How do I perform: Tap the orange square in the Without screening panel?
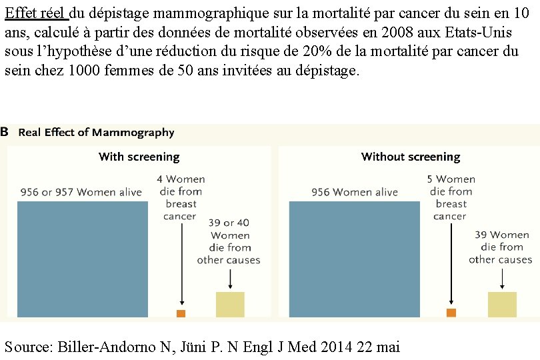click(451, 313)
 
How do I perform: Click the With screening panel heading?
click(139, 157)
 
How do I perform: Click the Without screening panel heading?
click(411, 157)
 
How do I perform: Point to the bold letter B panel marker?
click(5, 132)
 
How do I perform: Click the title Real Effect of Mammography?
click(96, 133)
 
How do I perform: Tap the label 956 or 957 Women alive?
click(81, 193)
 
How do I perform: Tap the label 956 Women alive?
click(355, 193)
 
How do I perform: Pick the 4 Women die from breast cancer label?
click(181, 197)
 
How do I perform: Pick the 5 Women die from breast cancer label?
click(451, 197)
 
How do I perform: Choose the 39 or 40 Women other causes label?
click(229, 241)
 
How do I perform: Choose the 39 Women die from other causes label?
click(501, 247)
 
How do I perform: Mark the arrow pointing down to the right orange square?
click(451, 263)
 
